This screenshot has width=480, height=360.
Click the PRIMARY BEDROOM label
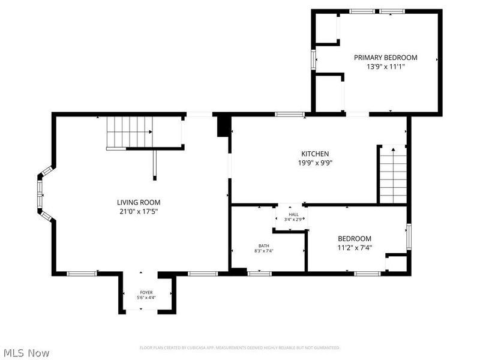385,58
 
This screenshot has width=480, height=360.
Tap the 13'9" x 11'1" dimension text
385,67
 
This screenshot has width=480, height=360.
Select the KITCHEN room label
315,154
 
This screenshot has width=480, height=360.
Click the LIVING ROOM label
139,202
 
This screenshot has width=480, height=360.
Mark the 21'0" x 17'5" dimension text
139,211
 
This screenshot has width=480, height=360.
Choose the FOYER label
146,292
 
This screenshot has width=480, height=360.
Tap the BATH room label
264,245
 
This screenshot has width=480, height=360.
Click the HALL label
293,214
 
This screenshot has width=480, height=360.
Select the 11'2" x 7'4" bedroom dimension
354,247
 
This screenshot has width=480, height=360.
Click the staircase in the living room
129,132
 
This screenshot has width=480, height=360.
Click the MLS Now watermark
26,353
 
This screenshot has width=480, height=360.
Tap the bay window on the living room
41,195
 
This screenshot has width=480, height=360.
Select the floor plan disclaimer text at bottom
239,347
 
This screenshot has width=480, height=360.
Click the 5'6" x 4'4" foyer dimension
146,298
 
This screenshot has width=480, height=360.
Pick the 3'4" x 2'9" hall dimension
293,220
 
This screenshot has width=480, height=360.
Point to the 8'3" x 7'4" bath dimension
264,251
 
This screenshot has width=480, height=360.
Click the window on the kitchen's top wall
289,114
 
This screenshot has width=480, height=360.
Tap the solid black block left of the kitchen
223,126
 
